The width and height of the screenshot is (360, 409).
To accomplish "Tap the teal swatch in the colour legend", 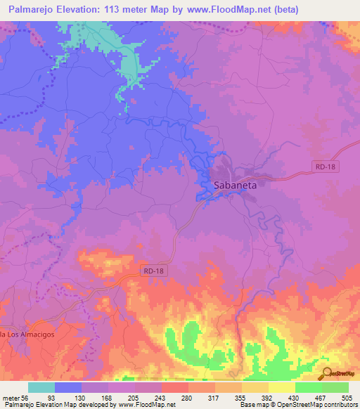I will coord(41,387).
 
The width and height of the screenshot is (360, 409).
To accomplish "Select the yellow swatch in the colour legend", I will coord(281,387).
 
